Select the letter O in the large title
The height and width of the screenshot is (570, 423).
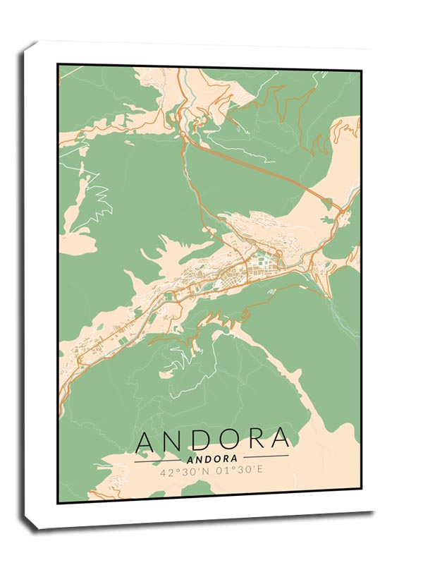click(x=233, y=440)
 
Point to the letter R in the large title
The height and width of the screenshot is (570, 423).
click(x=259, y=440)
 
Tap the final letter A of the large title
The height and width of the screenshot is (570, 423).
click(x=281, y=440)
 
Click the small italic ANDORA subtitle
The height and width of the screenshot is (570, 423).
click(x=211, y=459)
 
